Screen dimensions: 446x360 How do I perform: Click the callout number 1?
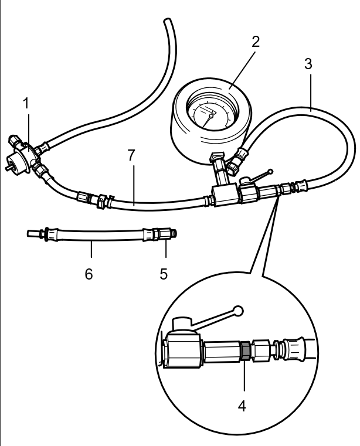click(25, 104)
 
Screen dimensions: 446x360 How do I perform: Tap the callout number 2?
click(255, 42)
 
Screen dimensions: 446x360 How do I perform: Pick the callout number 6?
click(89, 274)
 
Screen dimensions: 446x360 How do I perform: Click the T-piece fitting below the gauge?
click(223, 195)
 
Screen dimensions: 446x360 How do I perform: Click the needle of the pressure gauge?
click(211, 114)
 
